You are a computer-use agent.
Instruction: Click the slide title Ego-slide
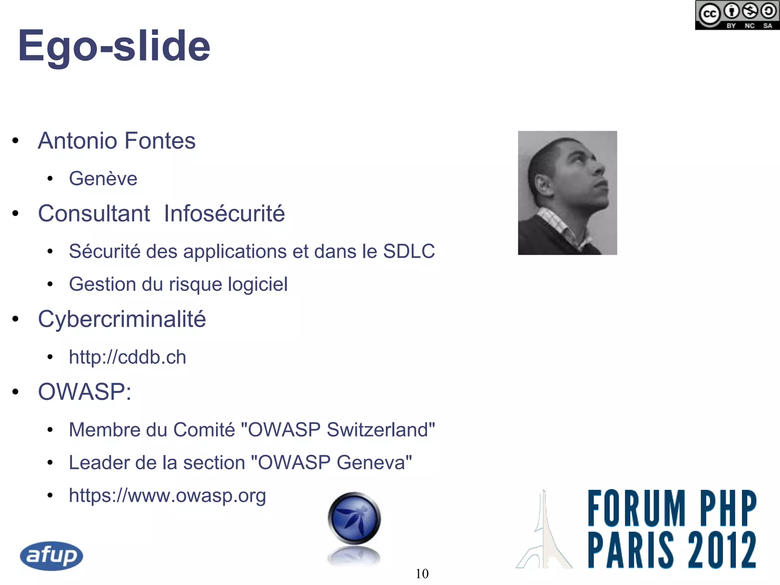[x=114, y=46]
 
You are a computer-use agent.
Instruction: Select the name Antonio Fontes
[x=117, y=141]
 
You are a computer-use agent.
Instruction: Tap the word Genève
[x=103, y=179]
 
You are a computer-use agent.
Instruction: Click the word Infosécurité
[x=224, y=213]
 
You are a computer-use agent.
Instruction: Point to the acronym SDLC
[x=409, y=251]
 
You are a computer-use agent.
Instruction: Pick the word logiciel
[x=258, y=284]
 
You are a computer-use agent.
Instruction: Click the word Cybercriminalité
[x=122, y=319]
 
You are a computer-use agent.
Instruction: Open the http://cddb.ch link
[x=128, y=357]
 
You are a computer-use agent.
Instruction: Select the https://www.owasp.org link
[x=167, y=495]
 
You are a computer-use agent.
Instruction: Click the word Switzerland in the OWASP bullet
[x=380, y=430]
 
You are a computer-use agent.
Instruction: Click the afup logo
[x=51, y=556]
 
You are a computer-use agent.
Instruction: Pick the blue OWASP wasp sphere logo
[x=354, y=518]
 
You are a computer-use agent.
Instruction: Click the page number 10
[x=422, y=574]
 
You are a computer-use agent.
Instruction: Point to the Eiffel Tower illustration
[x=544, y=533]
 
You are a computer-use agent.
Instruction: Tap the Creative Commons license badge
[x=737, y=15]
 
